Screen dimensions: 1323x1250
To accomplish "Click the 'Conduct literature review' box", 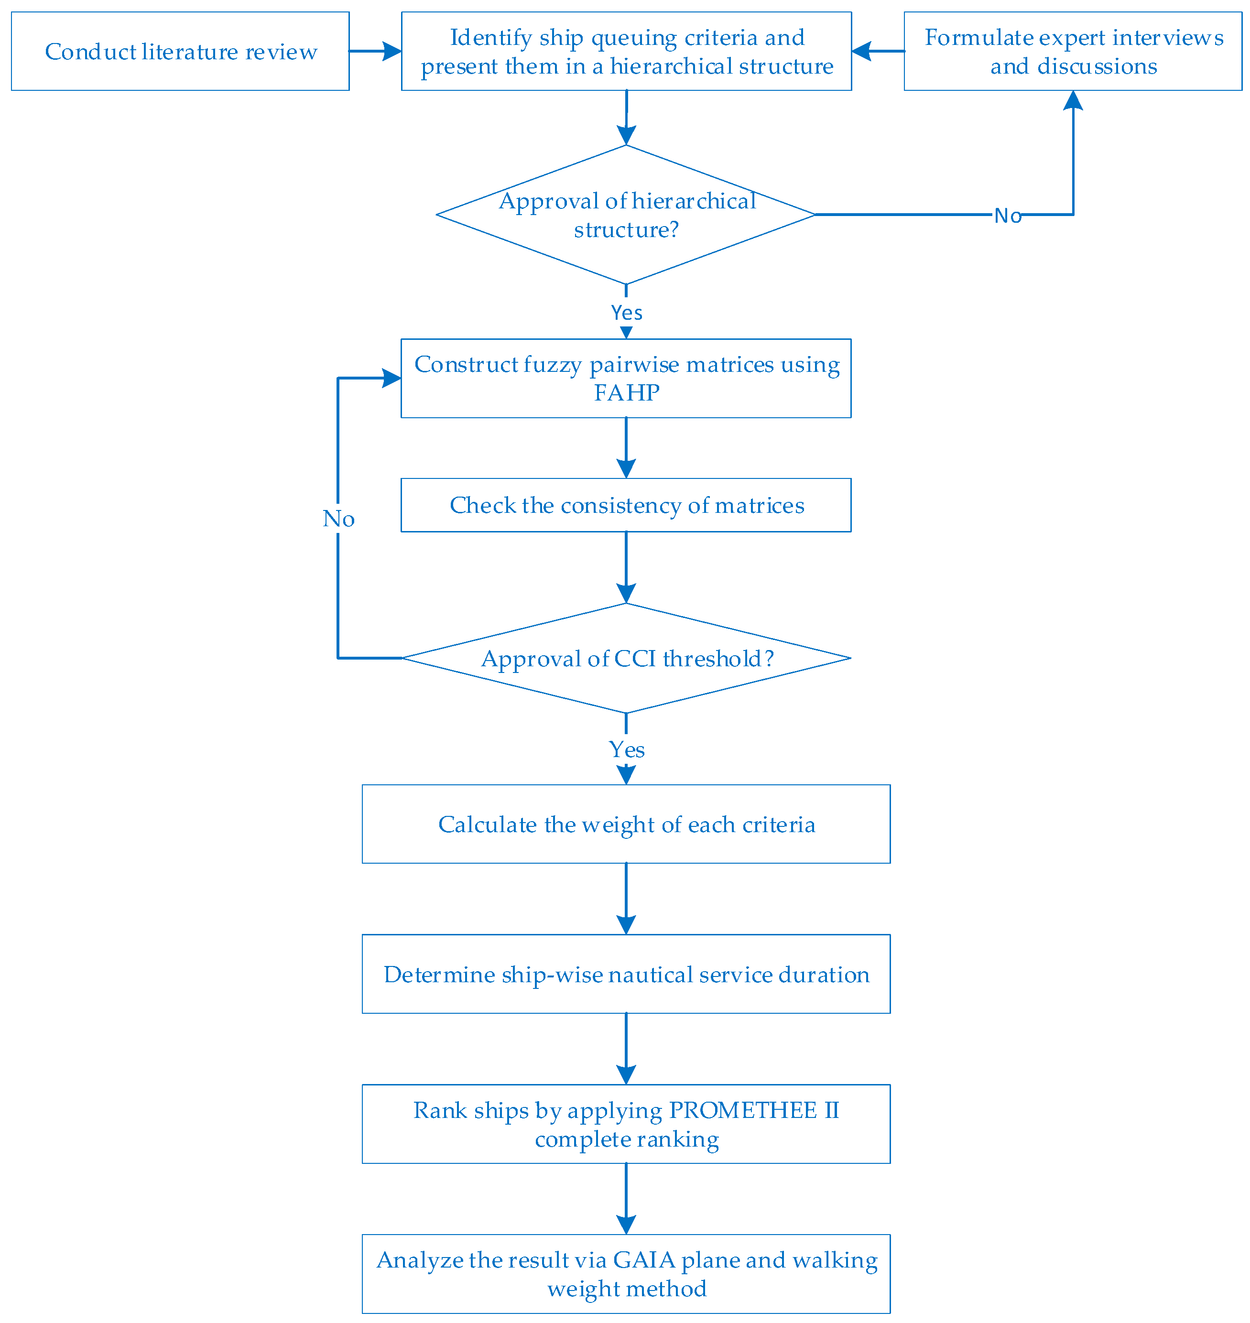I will (180, 51).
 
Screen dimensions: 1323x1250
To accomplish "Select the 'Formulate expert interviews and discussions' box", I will (1073, 51).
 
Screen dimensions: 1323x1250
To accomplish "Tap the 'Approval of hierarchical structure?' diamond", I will (626, 215).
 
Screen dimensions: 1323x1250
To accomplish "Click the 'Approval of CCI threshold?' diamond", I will (626, 658).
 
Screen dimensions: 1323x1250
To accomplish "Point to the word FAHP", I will (626, 393).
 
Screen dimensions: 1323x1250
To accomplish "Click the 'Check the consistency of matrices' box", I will (626, 505).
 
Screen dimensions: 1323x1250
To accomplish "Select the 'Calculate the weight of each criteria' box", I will (626, 824).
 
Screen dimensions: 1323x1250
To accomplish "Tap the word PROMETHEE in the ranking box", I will (742, 1110).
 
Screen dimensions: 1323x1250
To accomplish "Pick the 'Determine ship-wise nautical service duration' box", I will (626, 974).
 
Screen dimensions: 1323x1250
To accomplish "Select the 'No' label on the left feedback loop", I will (338, 518).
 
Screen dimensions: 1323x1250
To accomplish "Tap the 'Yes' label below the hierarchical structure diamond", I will (626, 313).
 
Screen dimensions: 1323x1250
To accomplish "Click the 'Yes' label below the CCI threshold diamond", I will (626, 749).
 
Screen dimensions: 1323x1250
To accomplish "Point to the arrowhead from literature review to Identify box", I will (392, 51).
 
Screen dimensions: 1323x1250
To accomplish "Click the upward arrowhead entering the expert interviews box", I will (1073, 100).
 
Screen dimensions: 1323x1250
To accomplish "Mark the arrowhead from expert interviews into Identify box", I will (861, 51).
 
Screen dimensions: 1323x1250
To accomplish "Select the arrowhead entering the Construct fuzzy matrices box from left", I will (392, 379).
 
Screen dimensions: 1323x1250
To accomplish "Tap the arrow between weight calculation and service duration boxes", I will (626, 899).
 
